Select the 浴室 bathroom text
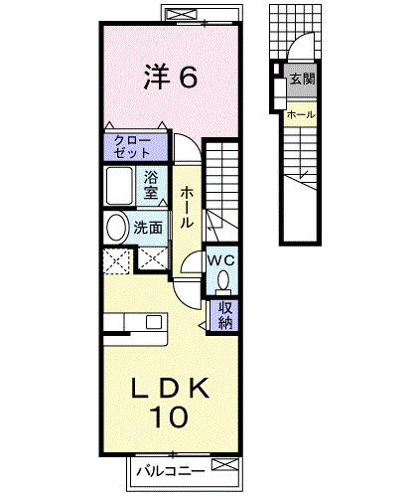[152, 186]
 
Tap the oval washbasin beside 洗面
[117, 228]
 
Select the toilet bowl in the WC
[223, 279]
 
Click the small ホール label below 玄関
[301, 114]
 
